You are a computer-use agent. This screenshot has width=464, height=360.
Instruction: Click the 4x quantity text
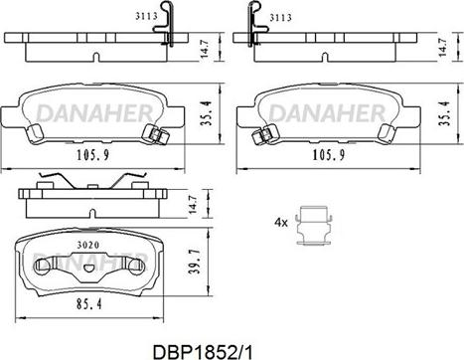(281, 223)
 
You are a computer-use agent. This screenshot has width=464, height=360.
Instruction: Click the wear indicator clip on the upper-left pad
(154, 135)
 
